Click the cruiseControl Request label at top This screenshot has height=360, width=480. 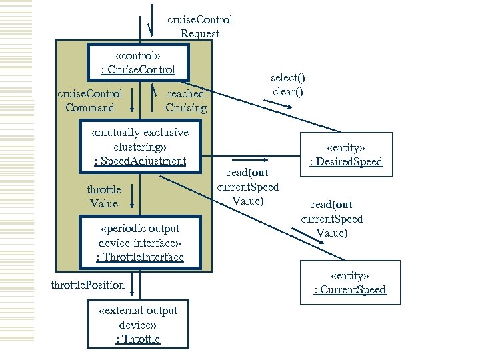[x=199, y=27]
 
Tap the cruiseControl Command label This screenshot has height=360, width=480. [x=90, y=101]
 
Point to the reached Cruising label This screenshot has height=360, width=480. [x=186, y=101]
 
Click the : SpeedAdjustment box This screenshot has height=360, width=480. [x=139, y=147]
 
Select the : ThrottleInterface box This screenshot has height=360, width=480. [x=139, y=242]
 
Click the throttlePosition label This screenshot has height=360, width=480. [x=88, y=285]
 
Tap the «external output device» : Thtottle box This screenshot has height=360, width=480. [x=138, y=325]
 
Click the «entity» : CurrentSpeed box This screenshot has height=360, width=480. [x=350, y=282]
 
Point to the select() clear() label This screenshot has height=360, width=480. [x=288, y=85]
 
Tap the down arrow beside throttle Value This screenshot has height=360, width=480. [x=133, y=195]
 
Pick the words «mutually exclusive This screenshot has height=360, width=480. [x=140, y=132]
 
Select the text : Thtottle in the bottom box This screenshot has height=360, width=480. [x=138, y=339]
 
